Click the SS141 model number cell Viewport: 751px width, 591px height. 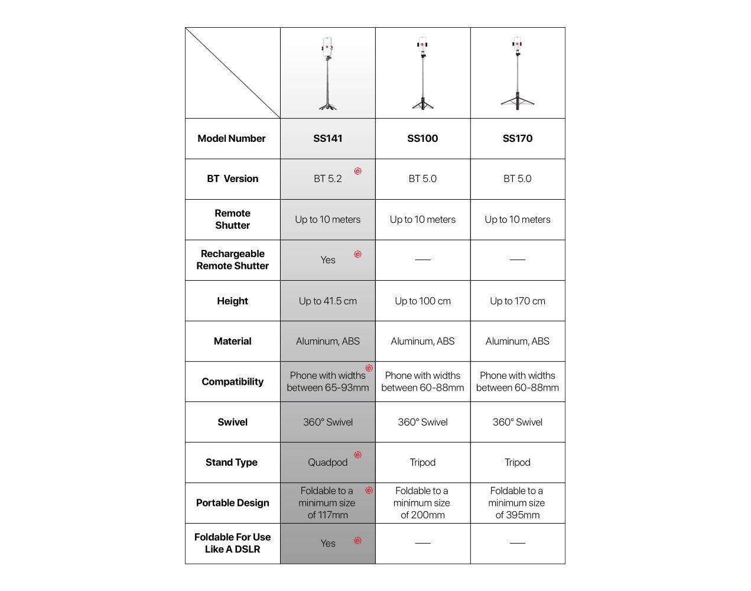(328, 138)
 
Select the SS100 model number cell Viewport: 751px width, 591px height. (422, 138)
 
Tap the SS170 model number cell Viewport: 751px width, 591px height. (518, 138)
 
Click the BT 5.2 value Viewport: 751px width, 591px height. (328, 178)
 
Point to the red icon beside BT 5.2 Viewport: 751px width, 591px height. (357, 171)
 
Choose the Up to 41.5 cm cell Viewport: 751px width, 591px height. (328, 301)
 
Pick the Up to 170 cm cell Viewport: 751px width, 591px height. (518, 301)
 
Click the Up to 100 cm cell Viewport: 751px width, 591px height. (422, 301)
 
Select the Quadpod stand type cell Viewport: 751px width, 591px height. (328, 462)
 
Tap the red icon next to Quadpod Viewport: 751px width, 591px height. (357, 454)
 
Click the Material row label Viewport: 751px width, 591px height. (232, 341)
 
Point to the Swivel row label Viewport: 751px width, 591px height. (232, 422)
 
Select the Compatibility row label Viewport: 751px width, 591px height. (232, 382)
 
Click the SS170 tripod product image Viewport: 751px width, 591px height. (518, 73)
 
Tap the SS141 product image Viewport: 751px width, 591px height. (328, 73)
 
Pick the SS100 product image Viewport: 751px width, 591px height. (422, 73)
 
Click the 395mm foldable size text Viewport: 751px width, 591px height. (518, 515)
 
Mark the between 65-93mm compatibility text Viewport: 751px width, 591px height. (328, 388)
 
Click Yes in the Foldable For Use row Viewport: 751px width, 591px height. (328, 543)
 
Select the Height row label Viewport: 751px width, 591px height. (232, 301)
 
